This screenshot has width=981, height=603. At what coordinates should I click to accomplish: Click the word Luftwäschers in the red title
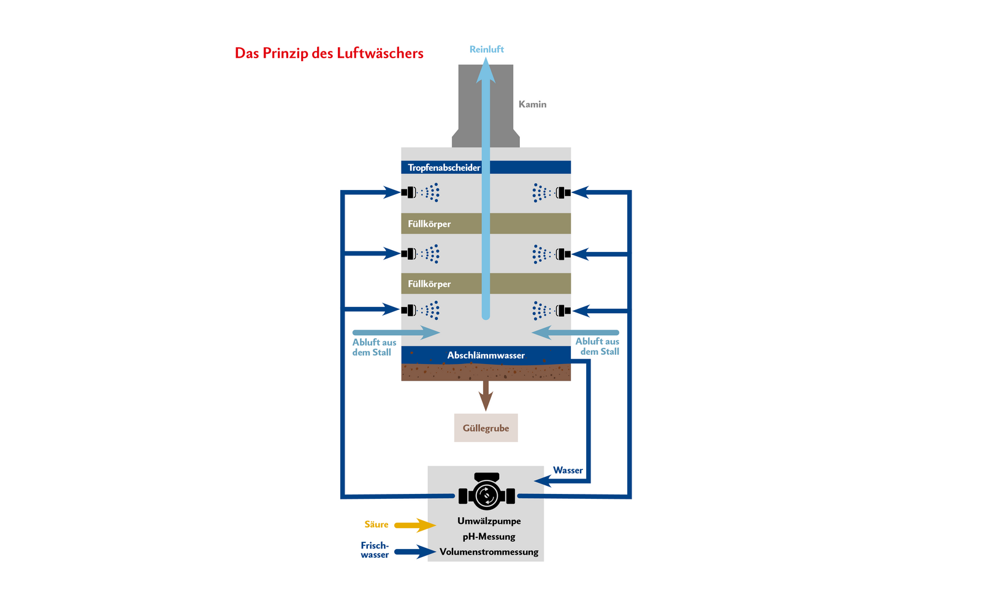(380, 53)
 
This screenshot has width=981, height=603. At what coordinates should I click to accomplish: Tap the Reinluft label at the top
(486, 49)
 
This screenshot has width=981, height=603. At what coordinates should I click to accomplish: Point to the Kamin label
(532, 104)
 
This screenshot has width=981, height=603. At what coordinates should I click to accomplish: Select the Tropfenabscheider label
(444, 167)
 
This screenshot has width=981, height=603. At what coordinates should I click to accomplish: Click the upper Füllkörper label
(429, 224)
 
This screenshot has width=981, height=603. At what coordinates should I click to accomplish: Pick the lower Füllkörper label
(429, 284)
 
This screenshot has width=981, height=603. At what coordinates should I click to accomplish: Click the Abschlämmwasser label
(486, 355)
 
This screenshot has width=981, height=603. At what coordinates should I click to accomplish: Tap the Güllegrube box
(486, 428)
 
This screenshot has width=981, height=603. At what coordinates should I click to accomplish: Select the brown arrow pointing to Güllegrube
(486, 395)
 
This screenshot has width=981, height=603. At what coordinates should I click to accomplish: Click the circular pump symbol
(487, 495)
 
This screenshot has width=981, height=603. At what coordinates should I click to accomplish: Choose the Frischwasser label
(375, 550)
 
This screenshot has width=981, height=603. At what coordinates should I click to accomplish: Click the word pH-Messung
(489, 536)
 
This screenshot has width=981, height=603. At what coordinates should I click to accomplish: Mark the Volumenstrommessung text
(489, 552)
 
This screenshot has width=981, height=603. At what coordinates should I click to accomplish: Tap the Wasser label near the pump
(568, 470)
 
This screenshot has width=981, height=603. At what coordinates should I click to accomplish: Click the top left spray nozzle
(409, 192)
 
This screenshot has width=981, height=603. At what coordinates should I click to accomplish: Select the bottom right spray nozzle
(563, 311)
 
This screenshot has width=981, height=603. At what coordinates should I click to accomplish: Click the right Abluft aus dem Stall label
(597, 346)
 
